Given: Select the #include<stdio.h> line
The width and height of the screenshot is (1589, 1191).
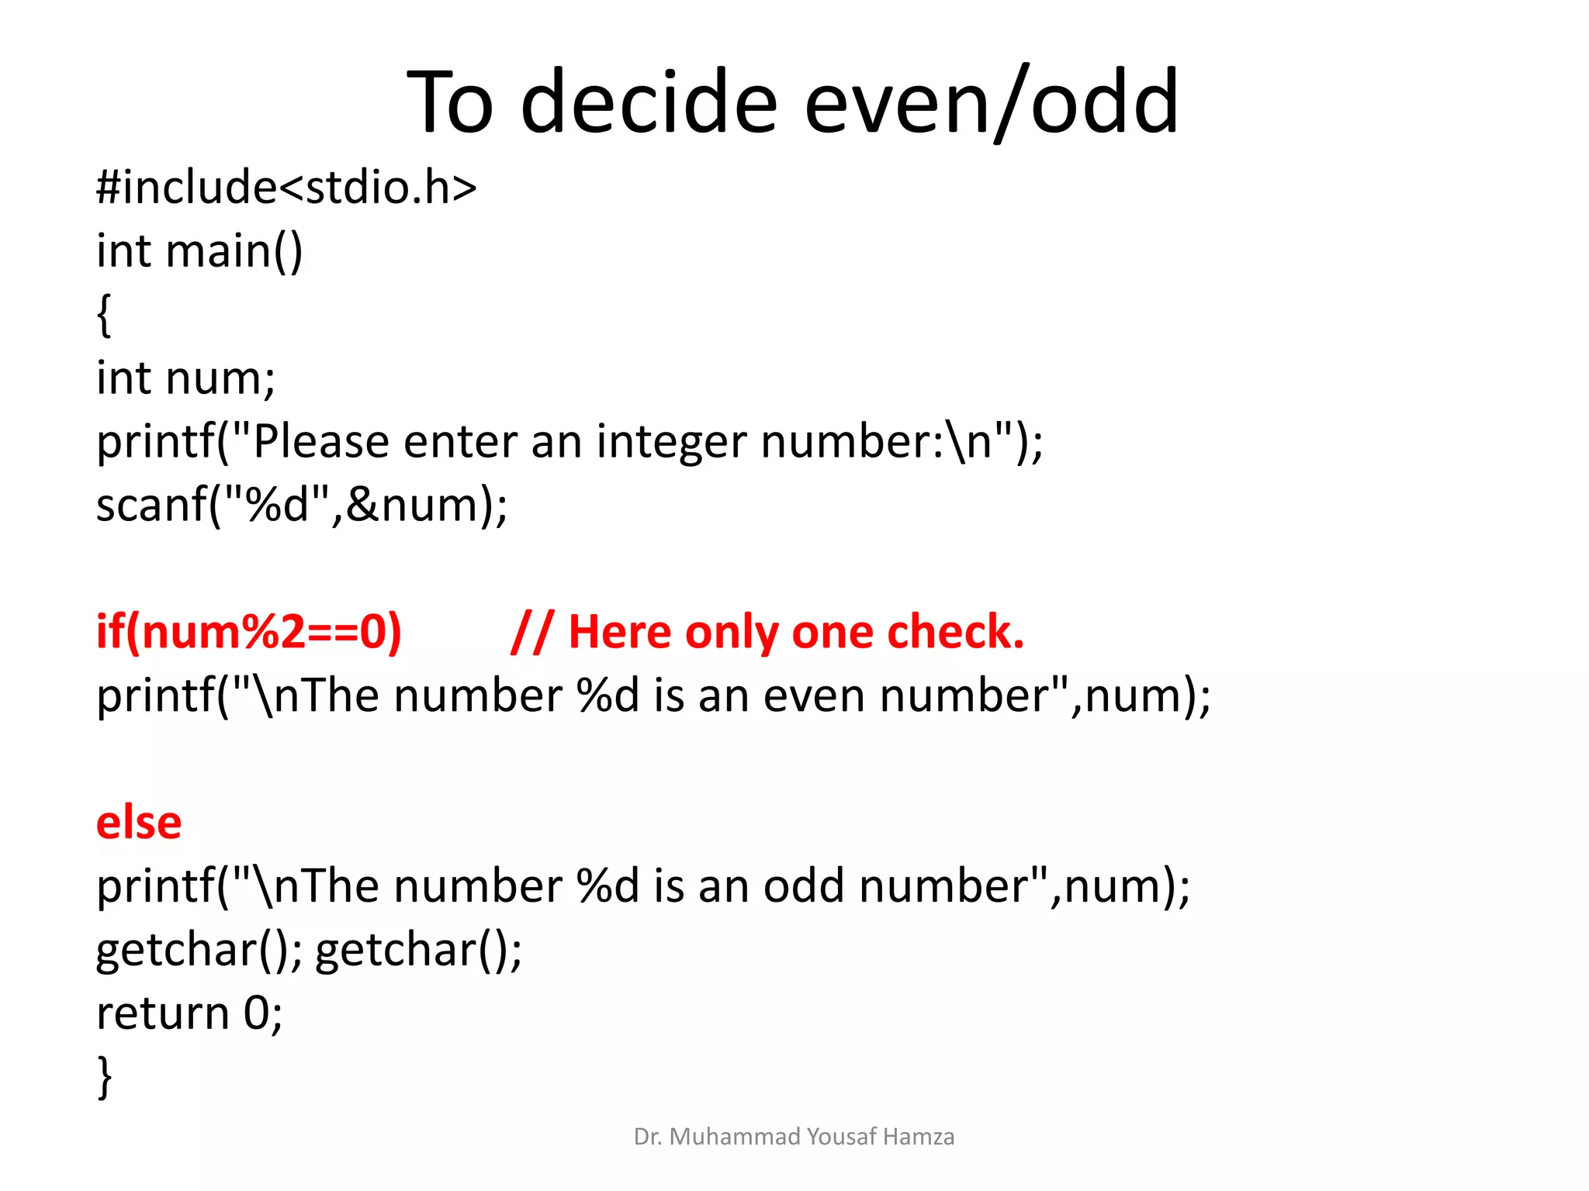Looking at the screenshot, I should tap(286, 188).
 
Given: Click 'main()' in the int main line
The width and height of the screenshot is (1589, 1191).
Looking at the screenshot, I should tap(234, 251).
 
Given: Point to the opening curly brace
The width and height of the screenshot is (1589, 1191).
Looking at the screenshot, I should tap(104, 315).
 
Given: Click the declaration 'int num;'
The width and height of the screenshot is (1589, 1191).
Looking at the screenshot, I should tap(185, 378).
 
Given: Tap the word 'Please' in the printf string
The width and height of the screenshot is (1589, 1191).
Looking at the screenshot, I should tap(321, 442).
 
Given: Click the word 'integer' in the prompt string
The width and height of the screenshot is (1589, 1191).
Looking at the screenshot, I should tap(671, 442).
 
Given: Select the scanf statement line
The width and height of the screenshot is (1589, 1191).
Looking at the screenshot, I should tap(302, 506).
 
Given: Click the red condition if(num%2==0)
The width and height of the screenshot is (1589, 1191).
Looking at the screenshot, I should tap(248, 632).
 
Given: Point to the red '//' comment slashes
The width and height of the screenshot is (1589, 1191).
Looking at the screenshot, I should tap(532, 632).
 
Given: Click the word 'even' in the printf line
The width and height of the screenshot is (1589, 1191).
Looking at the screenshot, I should tap(813, 696).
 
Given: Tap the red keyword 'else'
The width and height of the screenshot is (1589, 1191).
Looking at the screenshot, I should tap(139, 823).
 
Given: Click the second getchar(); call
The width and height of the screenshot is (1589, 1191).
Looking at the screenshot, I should tap(419, 949).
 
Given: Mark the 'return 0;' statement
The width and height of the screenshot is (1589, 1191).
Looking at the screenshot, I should tap(190, 1013).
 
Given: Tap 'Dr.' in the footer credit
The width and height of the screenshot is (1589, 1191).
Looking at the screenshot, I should tap(647, 1137).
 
